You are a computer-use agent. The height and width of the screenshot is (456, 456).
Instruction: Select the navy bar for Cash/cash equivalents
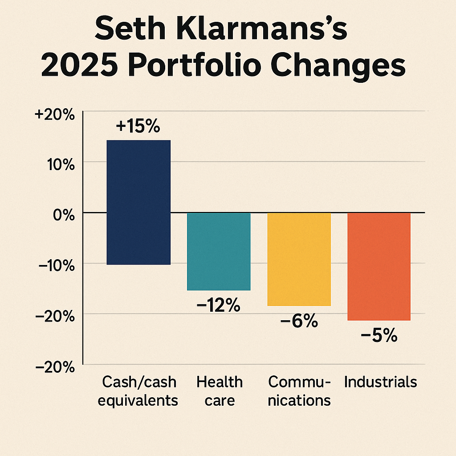pos(138,202)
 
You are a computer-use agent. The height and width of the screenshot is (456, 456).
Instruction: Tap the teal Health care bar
pos(219,251)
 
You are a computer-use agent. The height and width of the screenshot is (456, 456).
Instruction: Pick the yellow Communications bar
pos(299,259)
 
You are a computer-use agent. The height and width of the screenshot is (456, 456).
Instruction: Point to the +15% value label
pos(138,126)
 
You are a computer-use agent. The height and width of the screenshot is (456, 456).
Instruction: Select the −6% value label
pos(299,321)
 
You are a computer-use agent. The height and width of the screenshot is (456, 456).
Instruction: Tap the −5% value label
pos(379,335)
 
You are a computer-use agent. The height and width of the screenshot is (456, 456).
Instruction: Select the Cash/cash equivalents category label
pos(138,391)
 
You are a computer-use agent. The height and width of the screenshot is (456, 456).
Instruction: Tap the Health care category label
pos(220,391)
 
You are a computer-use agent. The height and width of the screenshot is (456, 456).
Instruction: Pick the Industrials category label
pos(380,382)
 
